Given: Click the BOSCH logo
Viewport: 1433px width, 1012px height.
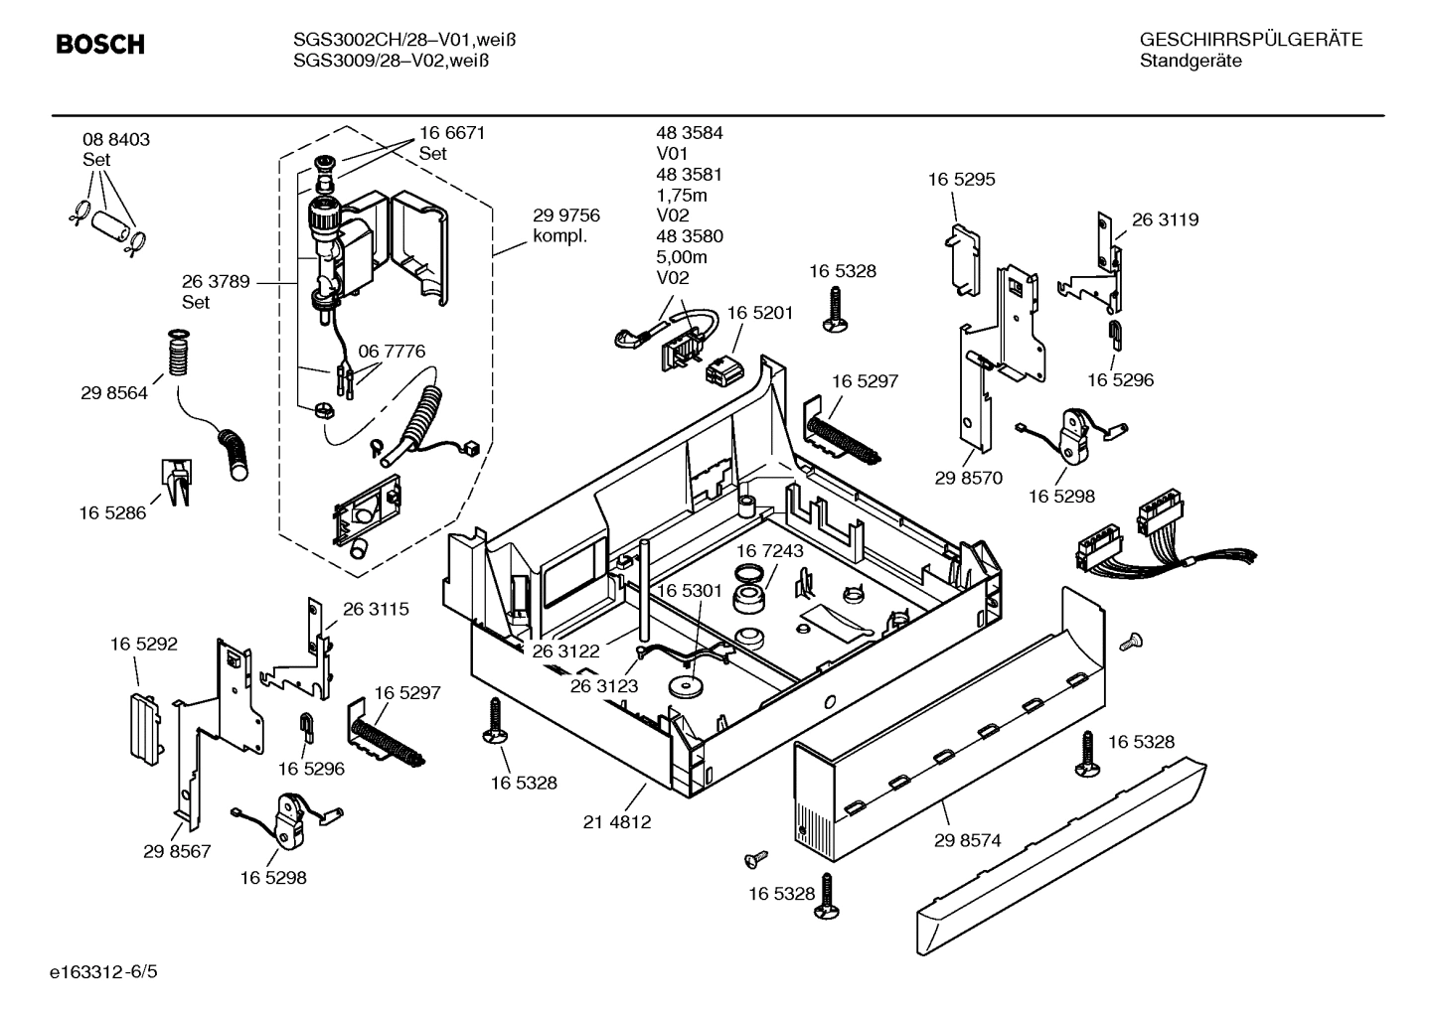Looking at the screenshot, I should pyautogui.click(x=100, y=45).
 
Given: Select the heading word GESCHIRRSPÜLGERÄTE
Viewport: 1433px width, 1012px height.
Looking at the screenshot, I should pyautogui.click(x=1250, y=40).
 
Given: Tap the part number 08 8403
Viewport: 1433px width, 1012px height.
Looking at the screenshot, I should pyautogui.click(x=116, y=140).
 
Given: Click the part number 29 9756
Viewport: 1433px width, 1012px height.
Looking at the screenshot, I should pyautogui.click(x=565, y=216).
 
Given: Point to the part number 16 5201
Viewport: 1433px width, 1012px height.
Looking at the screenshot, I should pyautogui.click(x=759, y=313).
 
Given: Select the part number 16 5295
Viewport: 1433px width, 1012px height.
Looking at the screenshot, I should pyautogui.click(x=961, y=180).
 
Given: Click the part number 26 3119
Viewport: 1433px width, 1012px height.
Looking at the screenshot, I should pyautogui.click(x=1165, y=219).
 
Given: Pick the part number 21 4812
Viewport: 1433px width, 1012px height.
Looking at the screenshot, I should pyautogui.click(x=617, y=822).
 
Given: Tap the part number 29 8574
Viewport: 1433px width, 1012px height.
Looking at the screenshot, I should pyautogui.click(x=967, y=840).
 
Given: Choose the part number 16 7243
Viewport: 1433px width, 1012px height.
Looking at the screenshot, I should pyautogui.click(x=770, y=550).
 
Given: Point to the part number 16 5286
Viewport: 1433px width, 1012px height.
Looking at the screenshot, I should pyautogui.click(x=112, y=512).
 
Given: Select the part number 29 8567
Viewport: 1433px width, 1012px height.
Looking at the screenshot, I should pyautogui.click(x=177, y=851).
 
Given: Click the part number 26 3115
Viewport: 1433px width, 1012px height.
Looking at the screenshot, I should pyautogui.click(x=376, y=609).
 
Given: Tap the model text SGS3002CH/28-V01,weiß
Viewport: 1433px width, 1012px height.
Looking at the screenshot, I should pyautogui.click(x=404, y=40).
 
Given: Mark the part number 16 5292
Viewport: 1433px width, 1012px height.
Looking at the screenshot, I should pyautogui.click(x=143, y=645).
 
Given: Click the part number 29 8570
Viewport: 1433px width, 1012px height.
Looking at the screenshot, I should pyautogui.click(x=968, y=478).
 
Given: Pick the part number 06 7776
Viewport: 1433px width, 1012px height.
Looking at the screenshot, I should pyautogui.click(x=392, y=352).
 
